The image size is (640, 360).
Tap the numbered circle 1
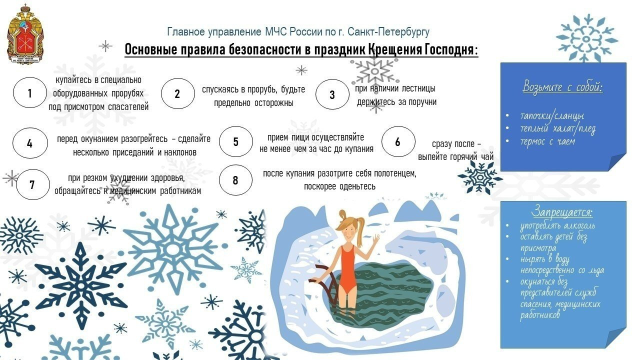29,92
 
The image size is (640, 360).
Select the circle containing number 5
235,141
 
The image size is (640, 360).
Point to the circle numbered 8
235,180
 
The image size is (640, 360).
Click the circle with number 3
332,94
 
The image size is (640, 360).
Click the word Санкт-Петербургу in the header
388,32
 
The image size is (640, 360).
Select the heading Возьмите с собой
562,87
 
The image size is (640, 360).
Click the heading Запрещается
561,212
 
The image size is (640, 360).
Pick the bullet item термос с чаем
547,141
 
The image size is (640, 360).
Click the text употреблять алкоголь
557,225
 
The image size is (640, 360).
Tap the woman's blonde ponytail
359,225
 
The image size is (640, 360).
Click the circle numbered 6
398,141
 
